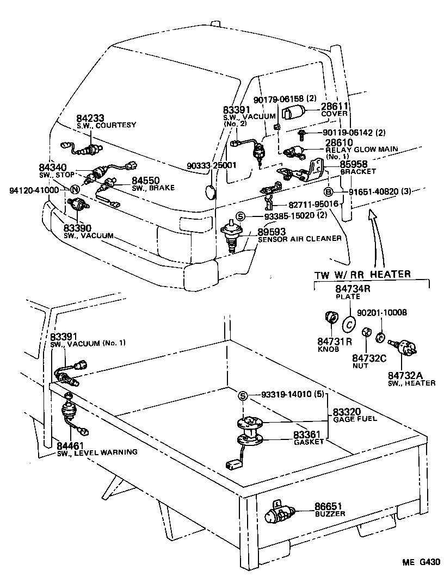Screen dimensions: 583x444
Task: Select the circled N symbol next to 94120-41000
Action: coord(73,190)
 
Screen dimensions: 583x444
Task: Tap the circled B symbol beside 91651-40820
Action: coord(328,191)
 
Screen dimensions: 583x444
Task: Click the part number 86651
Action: coord(328,506)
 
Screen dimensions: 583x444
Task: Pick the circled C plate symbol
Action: coord(348,324)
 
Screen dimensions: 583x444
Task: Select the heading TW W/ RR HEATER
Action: coord(362,274)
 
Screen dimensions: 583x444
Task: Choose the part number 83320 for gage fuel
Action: coord(347,413)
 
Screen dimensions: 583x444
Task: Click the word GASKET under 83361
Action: coord(309,442)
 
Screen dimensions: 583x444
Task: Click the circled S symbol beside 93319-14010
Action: coord(243,395)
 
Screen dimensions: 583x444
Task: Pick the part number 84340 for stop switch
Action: coord(53,167)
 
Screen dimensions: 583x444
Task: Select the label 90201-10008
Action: coord(383,313)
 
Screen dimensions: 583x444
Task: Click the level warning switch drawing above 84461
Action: coord(69,408)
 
